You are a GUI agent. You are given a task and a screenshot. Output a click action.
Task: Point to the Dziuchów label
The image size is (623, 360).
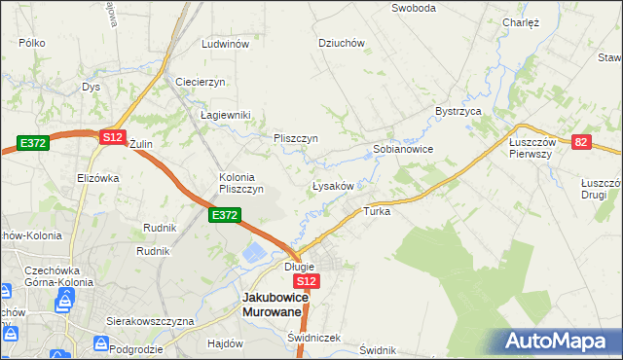click(342, 43)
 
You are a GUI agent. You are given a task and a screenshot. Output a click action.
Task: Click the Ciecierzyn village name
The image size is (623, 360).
click(201, 82)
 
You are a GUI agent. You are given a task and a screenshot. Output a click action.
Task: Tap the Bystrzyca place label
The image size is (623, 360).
click(459, 112)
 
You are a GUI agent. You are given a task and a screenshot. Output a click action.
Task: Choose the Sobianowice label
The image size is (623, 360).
click(403, 150)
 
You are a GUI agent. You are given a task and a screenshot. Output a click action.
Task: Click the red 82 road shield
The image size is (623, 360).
click(581, 142)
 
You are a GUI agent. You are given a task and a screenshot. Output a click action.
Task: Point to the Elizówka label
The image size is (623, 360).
click(97, 178)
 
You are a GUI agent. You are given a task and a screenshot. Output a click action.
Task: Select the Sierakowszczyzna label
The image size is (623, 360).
click(150, 320)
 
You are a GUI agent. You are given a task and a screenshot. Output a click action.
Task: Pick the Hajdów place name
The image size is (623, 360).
click(225, 343)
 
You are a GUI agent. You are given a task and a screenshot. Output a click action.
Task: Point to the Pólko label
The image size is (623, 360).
click(33, 44)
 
